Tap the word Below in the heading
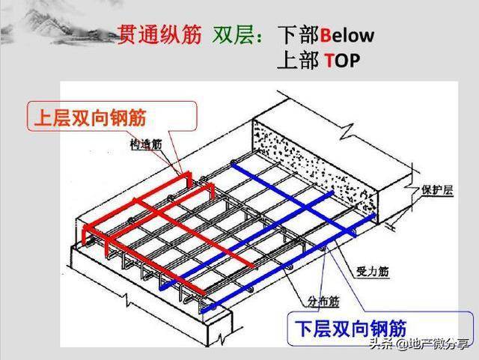347,35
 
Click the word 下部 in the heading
299,35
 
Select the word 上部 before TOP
299,60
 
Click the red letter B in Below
326,35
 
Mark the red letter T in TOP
329,60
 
